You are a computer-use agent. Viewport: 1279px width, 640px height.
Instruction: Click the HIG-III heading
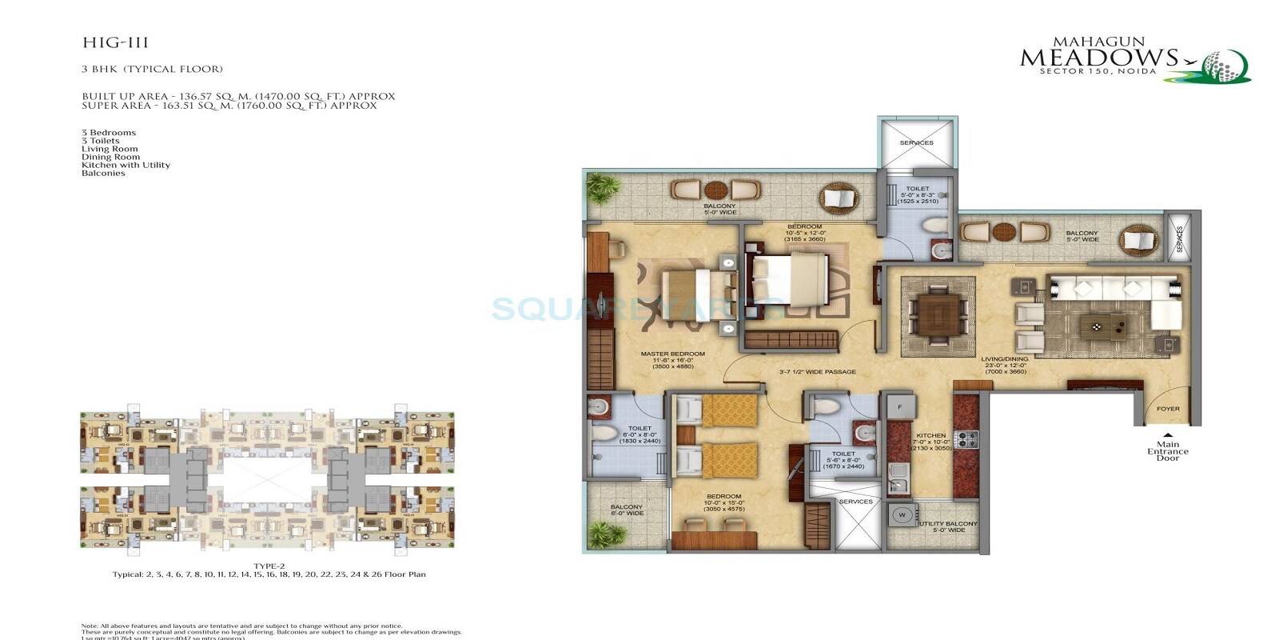(x=115, y=43)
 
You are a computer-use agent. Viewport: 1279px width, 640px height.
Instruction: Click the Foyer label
(x=1167, y=409)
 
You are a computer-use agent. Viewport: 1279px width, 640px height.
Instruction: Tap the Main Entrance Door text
(x=1167, y=451)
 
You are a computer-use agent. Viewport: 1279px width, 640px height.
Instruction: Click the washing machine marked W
(x=902, y=515)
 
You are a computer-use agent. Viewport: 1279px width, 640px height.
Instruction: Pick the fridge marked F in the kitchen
(x=899, y=407)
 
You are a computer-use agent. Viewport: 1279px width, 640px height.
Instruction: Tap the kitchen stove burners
(x=966, y=439)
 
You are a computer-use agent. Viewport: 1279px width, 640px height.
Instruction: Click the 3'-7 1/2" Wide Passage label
(x=817, y=372)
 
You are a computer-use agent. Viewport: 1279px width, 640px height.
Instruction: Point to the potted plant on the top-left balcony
(x=604, y=190)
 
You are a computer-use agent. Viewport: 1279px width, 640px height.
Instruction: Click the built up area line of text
(x=238, y=96)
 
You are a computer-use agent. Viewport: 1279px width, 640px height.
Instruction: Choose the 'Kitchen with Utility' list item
(x=126, y=165)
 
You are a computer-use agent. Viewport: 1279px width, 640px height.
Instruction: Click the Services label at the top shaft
(x=916, y=142)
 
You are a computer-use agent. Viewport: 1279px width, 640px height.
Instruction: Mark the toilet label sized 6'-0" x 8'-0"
(x=639, y=432)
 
